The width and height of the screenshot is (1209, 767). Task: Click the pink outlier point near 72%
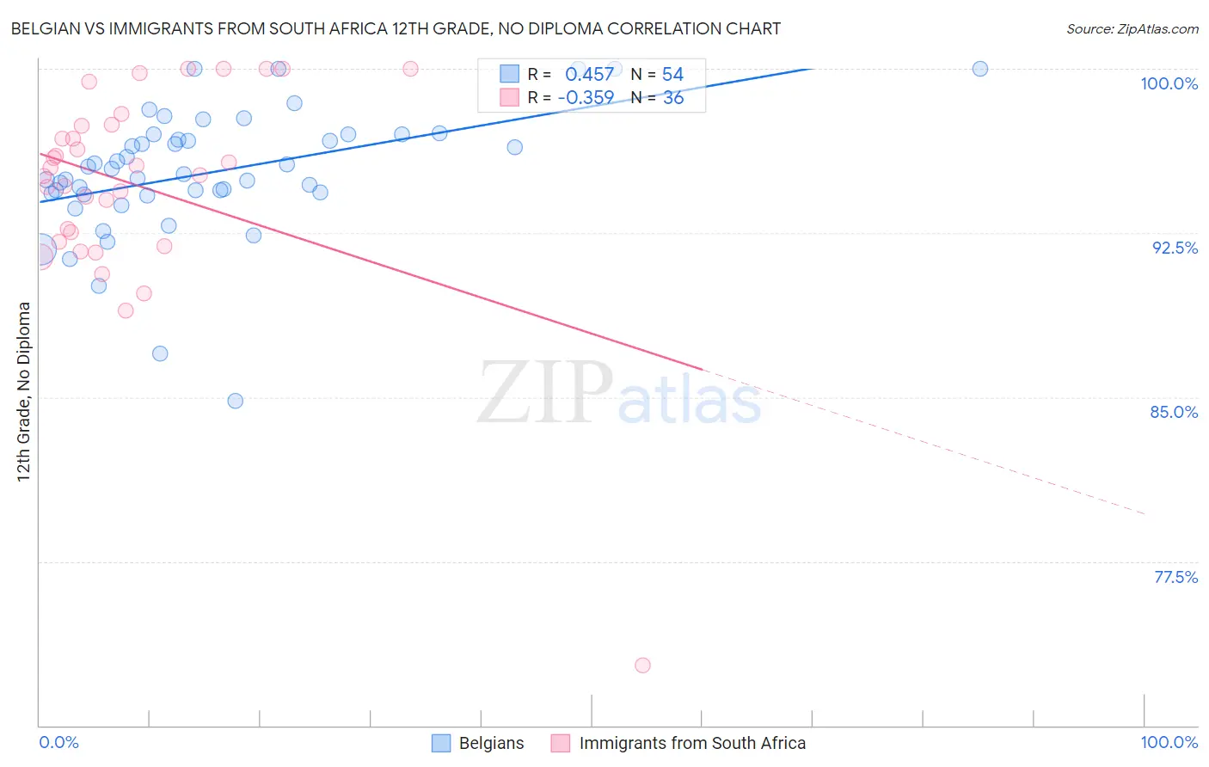pos(642,665)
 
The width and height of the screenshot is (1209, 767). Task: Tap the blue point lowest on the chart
pos(235,401)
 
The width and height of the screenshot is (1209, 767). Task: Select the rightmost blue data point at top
pos(979,69)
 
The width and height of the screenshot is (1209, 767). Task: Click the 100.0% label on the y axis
pos(1169,83)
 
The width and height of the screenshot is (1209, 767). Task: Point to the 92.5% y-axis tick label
pos(1175,248)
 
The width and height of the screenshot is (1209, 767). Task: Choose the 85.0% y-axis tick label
pos(1174,412)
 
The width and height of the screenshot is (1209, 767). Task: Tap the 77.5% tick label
pos(1175,577)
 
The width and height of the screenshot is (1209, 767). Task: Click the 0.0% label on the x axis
pos(58,742)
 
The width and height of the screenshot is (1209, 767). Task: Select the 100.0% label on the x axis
pos(1169,742)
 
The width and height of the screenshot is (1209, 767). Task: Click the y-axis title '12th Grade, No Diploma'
pos(24,391)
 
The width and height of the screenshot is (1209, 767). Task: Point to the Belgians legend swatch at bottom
pos(441,743)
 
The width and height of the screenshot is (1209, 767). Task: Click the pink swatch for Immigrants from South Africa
pos(561,743)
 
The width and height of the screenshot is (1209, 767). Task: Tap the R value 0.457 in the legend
pos(589,75)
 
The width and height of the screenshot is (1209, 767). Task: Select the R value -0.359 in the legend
pos(586,98)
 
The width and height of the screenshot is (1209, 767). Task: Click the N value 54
pos(672,75)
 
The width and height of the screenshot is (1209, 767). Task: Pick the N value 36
pos(673,98)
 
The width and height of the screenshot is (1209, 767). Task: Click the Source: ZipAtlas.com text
pos(1132,29)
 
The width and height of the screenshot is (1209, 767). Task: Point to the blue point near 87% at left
pos(160,353)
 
